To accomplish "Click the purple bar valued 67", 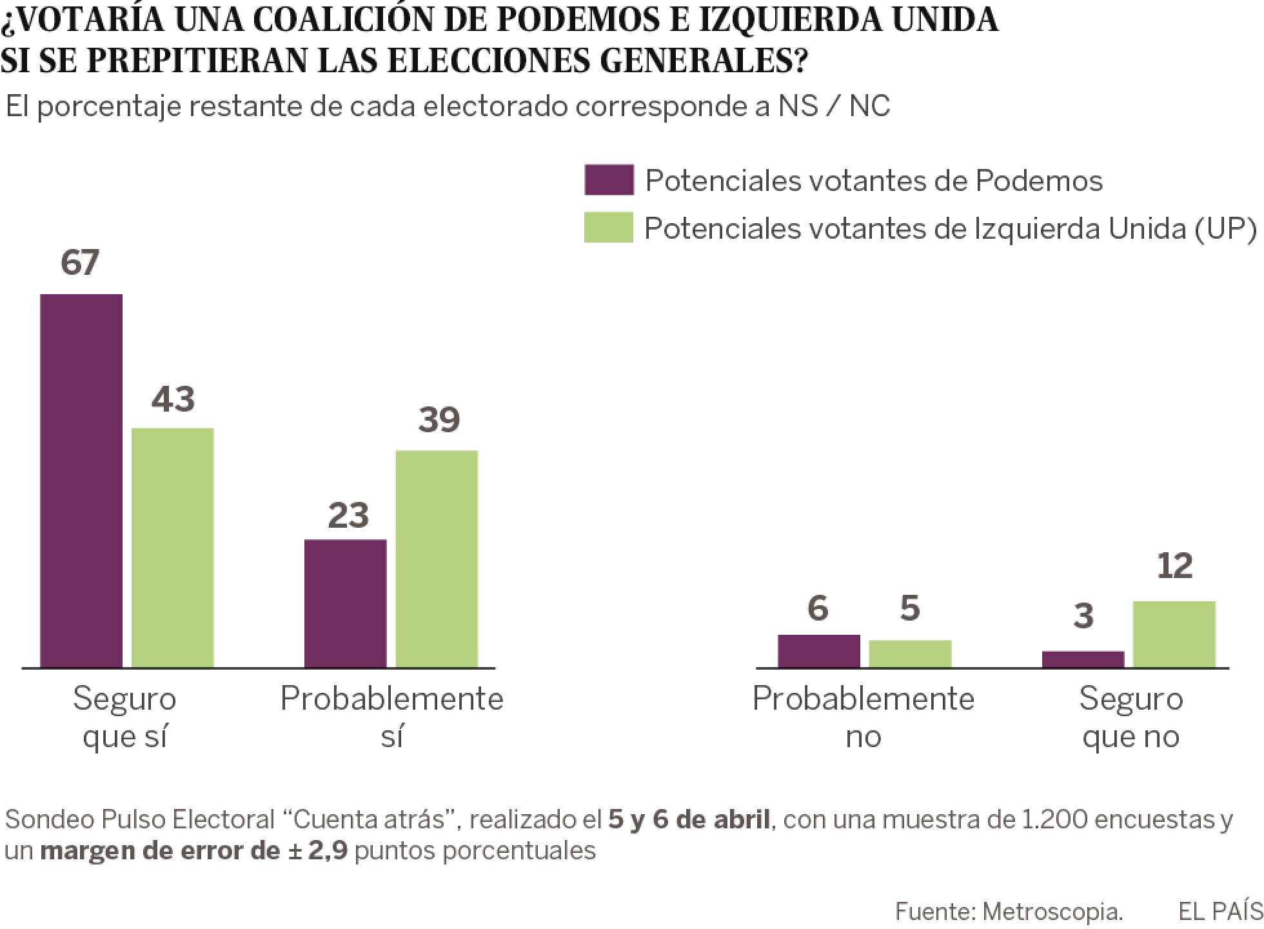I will point(81,481).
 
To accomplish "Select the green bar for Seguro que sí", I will point(173,548).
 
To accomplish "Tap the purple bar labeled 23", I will point(345,603).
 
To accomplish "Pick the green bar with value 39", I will point(437,559).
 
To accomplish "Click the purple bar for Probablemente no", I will point(818,651).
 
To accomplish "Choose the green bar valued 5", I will point(910,654).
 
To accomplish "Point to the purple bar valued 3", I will point(1083,659).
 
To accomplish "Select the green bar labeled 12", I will point(1174,634).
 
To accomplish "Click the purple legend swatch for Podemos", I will point(609,180).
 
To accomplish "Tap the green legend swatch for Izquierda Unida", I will point(609,227).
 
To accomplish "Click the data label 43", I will point(173,399).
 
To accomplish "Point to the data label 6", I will point(818,608).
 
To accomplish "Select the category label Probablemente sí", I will point(391,717).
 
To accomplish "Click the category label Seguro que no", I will point(1131,717).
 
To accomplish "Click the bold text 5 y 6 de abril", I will point(689,819).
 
